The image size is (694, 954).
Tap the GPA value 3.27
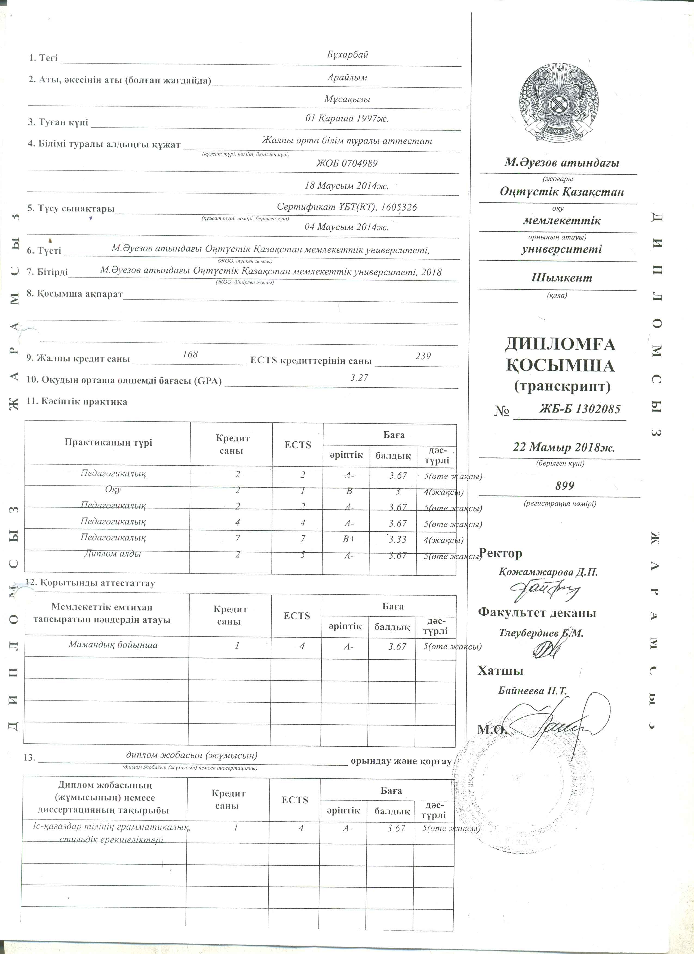(359, 378)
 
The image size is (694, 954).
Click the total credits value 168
(190, 354)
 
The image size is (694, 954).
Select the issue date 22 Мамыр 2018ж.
(564, 447)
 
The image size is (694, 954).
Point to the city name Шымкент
(561, 278)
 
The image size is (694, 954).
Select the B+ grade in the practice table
(349, 539)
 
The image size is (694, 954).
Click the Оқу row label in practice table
(113, 490)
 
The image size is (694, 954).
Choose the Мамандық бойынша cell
(113, 645)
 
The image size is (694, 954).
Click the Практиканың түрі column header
(108, 442)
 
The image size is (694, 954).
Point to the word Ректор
(500, 553)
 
